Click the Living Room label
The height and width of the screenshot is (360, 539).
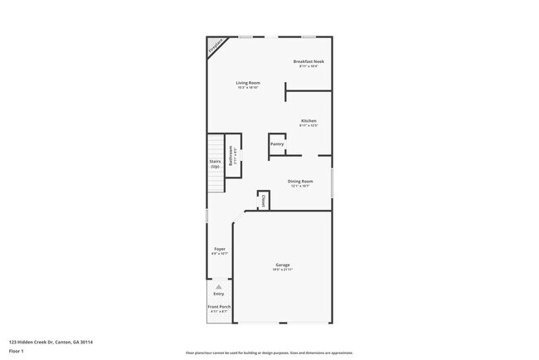(248, 83)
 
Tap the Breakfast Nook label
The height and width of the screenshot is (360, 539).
(308, 61)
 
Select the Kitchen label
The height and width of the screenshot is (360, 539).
(308, 121)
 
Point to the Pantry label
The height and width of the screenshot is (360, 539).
(277, 144)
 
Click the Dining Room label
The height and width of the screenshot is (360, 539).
(300, 181)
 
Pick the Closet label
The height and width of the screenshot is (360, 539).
(263, 200)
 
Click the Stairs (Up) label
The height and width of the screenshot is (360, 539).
(215, 164)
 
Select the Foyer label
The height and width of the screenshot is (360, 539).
(220, 249)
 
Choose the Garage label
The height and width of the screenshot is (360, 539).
(284, 265)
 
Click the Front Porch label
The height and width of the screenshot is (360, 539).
(219, 307)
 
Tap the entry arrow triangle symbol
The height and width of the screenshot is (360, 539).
(219, 287)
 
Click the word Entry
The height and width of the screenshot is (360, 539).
(219, 294)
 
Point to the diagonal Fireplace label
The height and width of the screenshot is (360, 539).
(216, 46)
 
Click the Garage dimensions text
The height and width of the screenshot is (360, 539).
(284, 270)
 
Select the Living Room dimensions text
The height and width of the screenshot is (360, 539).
(248, 87)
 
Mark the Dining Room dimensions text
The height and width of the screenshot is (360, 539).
(300, 186)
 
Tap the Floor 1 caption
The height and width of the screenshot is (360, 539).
(17, 350)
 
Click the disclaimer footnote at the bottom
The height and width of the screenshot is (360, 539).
(269, 353)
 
